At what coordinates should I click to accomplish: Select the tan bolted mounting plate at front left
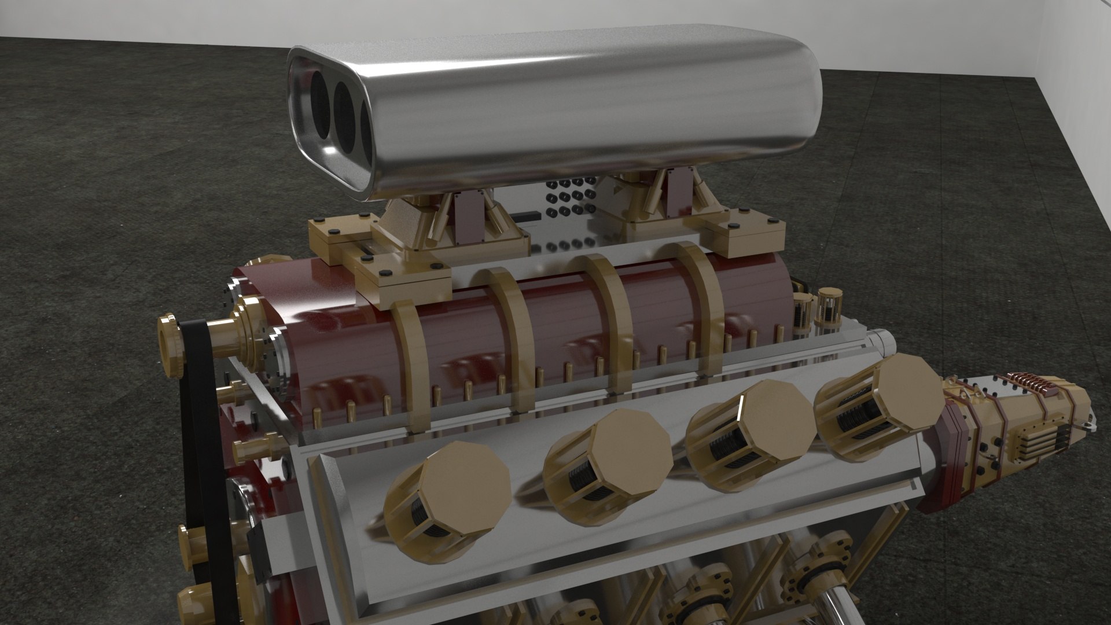click(x=405, y=278)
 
